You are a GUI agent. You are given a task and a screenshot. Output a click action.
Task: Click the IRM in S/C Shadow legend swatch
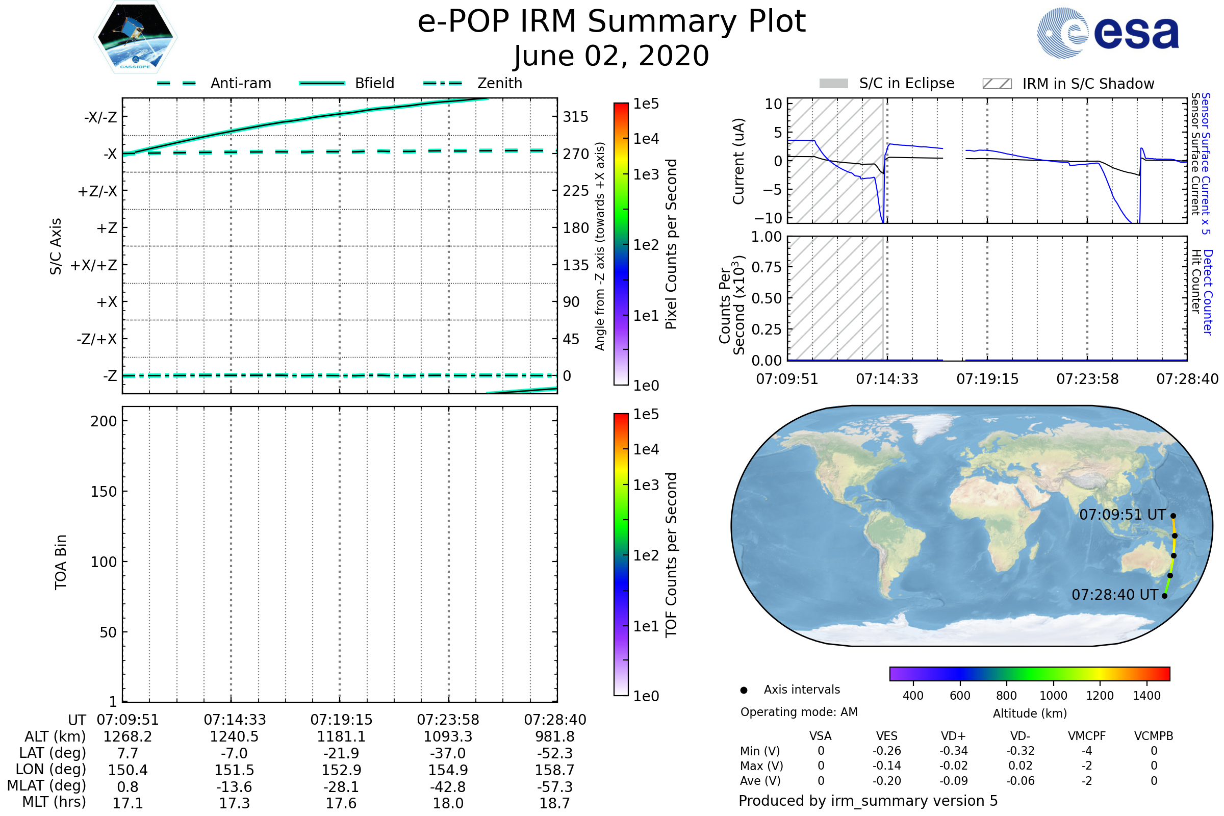coord(997,84)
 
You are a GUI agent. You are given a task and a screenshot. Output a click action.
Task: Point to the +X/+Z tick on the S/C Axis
coord(94,265)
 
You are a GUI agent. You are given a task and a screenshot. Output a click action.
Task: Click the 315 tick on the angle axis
coord(575,117)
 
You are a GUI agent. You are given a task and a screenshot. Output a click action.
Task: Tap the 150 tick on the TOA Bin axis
coord(104,492)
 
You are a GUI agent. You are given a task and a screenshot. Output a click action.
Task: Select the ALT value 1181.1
coord(341,737)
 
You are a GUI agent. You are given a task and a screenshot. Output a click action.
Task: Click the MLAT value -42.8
coord(448,787)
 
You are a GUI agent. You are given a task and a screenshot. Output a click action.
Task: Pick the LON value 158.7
coord(555,770)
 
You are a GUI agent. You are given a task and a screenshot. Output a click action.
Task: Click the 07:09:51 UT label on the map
coord(1122,515)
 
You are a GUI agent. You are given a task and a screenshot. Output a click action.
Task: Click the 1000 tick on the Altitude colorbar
coord(1053,696)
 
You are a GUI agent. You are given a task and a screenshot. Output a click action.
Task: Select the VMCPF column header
coord(1087,736)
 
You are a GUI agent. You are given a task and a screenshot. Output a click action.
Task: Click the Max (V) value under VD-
coord(1020,766)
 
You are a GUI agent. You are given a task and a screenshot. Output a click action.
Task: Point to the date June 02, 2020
coord(611,56)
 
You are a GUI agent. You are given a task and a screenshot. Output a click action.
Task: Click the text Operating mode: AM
coord(799,712)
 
